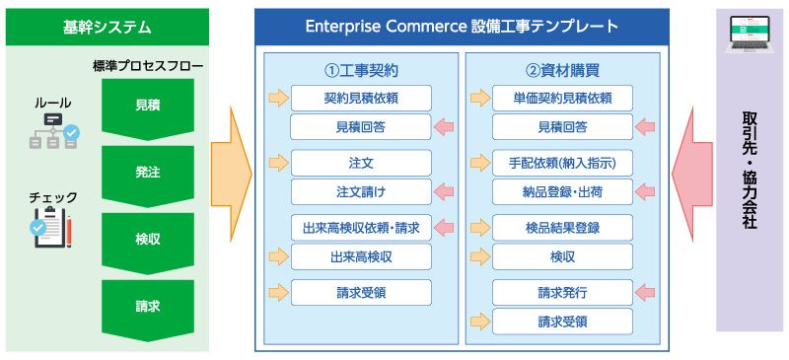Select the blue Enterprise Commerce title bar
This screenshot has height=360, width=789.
coord(476,25)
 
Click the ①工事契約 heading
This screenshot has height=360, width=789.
coord(361,71)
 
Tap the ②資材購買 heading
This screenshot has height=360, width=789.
coord(563,71)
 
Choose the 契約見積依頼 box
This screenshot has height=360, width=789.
coord(361,98)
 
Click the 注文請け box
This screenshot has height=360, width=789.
coord(361,191)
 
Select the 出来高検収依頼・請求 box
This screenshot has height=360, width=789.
coord(361,228)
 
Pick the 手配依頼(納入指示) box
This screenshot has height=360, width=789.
coord(563,163)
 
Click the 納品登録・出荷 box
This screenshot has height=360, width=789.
coord(563,191)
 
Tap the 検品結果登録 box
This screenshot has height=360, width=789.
coord(563,228)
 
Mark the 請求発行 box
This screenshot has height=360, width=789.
coord(563,292)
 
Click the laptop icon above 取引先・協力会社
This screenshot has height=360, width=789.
coord(751,39)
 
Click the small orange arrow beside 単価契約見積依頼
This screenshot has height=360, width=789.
coord(480,98)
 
